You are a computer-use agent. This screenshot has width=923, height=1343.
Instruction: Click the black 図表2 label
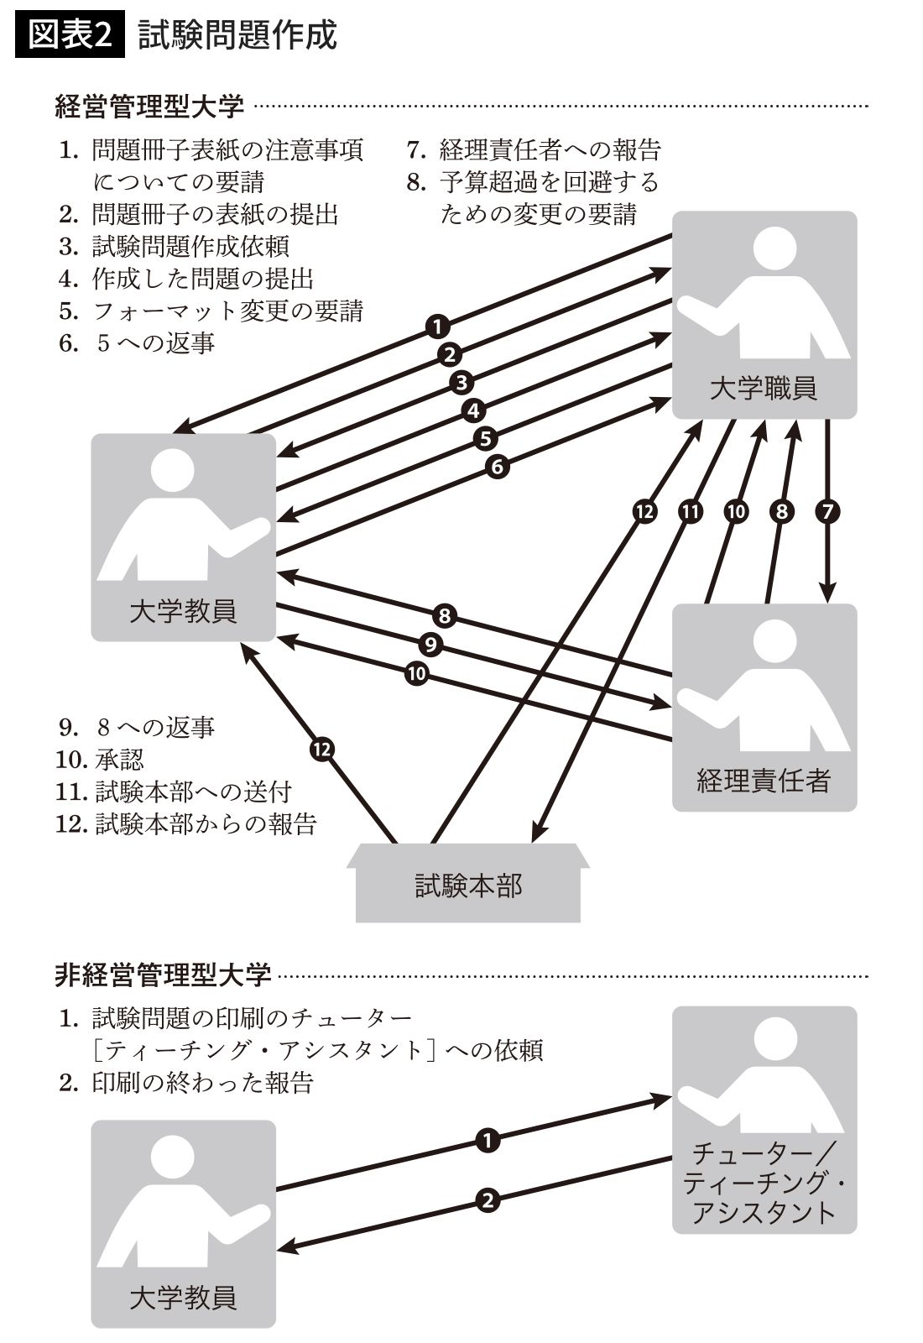70,35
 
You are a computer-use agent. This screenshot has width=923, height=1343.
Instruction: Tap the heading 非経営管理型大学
163,975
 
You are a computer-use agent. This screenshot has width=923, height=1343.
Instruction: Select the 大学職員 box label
764,388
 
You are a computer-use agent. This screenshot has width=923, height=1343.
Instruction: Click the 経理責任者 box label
764,781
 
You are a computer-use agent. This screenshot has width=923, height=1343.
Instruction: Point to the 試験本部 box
468,886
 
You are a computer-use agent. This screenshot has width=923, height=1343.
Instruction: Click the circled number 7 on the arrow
827,511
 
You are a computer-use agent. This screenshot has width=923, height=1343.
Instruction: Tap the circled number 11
691,511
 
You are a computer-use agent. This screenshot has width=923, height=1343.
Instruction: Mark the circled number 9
430,645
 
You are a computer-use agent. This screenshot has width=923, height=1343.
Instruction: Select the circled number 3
461,383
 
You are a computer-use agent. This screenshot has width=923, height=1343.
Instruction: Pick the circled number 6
498,466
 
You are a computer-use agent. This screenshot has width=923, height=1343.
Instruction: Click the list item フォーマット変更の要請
227,311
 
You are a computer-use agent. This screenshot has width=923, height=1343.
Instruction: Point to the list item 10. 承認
101,759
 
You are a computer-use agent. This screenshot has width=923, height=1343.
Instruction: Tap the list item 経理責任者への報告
550,149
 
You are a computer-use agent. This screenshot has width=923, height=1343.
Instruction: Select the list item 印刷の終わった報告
201,1082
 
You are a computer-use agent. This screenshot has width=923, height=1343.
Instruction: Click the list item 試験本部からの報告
205,823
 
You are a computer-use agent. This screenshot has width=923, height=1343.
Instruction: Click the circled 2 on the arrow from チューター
488,1200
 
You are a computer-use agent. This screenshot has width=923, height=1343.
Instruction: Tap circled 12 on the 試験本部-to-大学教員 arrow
322,749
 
